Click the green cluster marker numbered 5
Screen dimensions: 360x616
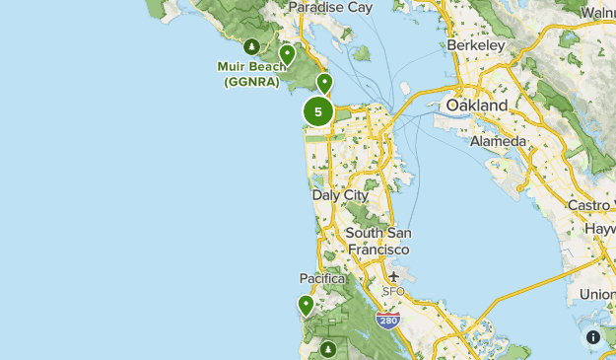(317, 111)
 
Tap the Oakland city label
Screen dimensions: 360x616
(477, 105)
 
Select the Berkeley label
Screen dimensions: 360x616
(475, 45)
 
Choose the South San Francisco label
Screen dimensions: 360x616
(378, 241)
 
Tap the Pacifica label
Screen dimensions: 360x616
(323, 279)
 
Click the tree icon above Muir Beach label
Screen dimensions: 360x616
(252, 45)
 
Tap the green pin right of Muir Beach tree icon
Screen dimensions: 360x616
(287, 54)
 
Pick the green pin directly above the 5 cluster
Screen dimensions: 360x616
(324, 83)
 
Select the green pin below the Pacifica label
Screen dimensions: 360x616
(307, 305)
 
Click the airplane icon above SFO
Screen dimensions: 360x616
(394, 276)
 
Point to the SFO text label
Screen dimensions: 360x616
(394, 292)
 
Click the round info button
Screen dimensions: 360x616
(593, 337)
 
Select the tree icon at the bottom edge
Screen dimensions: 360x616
(326, 348)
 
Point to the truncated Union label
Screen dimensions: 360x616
(597, 295)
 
